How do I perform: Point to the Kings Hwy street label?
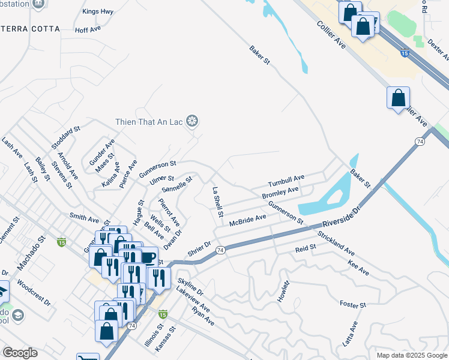(x=98, y=11)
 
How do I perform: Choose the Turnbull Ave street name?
(x=286, y=181)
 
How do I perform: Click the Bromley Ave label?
(x=280, y=193)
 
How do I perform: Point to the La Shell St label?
(x=217, y=201)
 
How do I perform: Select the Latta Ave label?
(x=349, y=334)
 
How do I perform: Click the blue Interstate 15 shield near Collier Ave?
(x=405, y=53)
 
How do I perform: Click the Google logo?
(x=20, y=353)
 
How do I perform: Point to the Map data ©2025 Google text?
(x=411, y=355)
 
